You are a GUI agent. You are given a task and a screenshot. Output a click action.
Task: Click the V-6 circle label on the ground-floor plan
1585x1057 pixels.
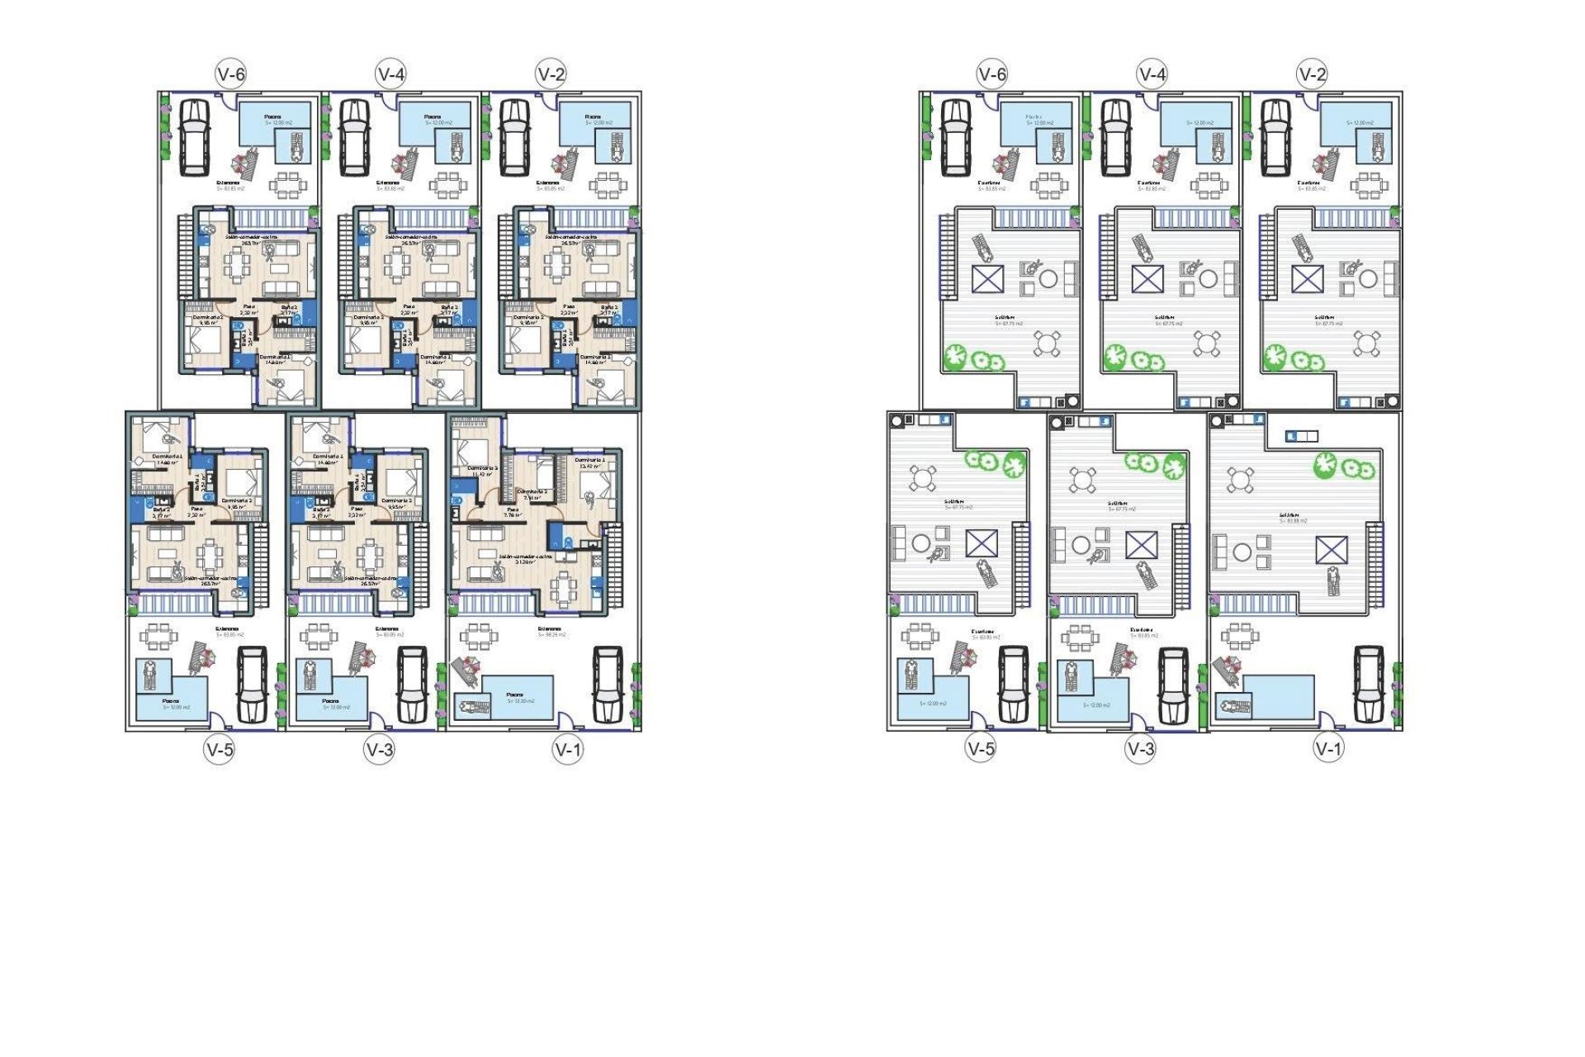click(x=231, y=74)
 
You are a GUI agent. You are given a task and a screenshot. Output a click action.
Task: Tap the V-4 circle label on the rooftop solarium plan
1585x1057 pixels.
click(x=1152, y=74)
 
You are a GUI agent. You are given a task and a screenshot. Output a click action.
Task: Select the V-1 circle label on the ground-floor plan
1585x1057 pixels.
click(x=568, y=750)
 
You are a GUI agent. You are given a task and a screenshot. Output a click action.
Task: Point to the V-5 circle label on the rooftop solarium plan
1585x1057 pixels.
click(x=981, y=749)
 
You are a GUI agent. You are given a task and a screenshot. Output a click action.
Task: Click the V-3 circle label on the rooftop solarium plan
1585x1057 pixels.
click(x=1141, y=749)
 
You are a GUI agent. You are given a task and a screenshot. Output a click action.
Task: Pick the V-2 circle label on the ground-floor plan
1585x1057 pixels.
click(x=551, y=74)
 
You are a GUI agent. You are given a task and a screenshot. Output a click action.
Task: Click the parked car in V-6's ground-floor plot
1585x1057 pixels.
click(x=195, y=136)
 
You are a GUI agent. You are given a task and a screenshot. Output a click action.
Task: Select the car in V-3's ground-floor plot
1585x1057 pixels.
click(x=412, y=684)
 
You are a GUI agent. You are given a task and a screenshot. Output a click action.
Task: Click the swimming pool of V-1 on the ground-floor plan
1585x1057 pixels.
click(x=516, y=698)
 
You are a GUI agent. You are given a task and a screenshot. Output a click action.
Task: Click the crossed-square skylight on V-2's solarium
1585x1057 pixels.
click(x=1307, y=279)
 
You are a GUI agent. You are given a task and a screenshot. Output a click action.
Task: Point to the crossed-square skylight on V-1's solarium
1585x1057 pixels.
click(x=1331, y=550)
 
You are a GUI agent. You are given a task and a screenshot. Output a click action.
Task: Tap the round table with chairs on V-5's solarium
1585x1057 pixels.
click(x=923, y=477)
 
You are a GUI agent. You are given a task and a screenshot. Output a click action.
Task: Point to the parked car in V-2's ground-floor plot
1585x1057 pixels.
click(x=514, y=136)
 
